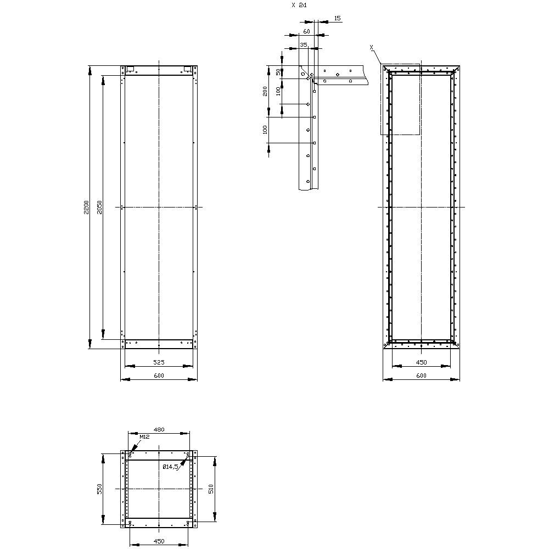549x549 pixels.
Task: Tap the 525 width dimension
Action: pos(159,362)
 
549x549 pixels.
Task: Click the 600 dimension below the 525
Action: pos(159,376)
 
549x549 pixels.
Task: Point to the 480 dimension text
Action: pos(159,429)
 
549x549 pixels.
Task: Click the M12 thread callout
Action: pos(144,436)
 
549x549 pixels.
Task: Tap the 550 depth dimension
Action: pos(99,489)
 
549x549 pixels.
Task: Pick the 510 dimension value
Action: pos(211,489)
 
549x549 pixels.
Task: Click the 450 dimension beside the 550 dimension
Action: pos(159,541)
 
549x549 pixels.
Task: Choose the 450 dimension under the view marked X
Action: pos(421,362)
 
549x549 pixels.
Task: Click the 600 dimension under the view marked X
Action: pos(421,376)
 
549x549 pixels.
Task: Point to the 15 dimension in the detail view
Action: pos(337,18)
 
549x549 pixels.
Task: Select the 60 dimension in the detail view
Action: pos(307,32)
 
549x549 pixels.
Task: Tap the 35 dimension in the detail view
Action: pos(304,45)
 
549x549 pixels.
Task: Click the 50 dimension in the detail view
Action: pos(278,72)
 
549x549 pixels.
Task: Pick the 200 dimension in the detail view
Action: pos(265,91)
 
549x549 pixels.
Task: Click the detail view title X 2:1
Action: pos(299,5)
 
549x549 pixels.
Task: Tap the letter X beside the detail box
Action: pos(372,48)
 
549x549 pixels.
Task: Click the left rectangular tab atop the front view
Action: pos(130,69)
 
